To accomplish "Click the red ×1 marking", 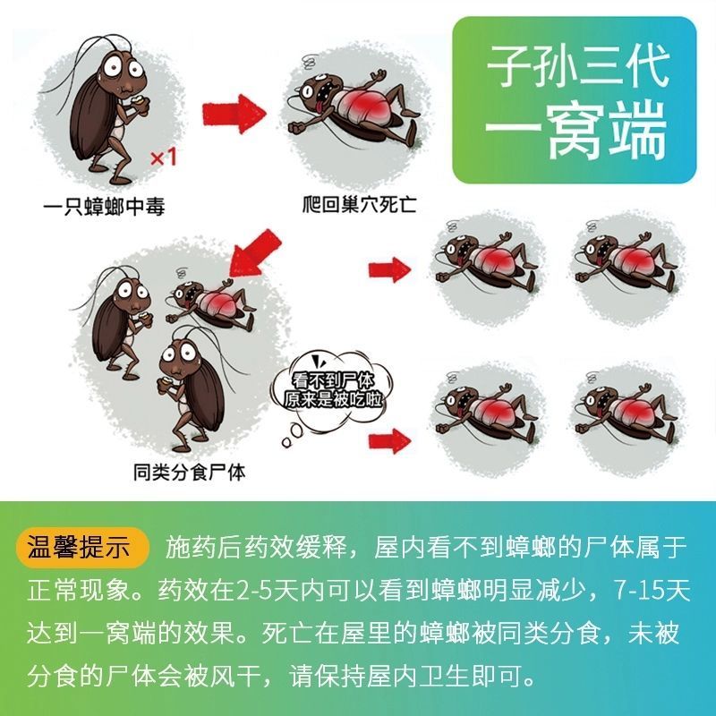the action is coord(164,158).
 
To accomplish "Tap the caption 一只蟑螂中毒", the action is coord(104,207).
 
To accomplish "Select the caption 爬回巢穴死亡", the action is coord(360,204).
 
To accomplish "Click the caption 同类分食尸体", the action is coord(189,472).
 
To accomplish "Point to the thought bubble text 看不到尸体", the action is coord(333,381).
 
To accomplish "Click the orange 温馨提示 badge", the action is coord(81,547).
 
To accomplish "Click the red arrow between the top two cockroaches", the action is coord(234,114).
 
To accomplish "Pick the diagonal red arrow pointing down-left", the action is coord(253,254).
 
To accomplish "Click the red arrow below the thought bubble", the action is coord(389,441).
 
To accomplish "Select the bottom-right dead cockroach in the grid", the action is coord(626,414).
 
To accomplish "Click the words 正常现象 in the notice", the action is coord(80,590).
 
